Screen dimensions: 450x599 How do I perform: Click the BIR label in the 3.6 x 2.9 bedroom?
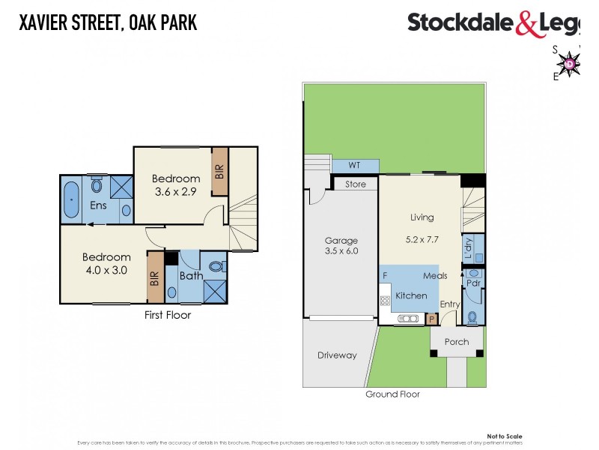click(x=219, y=171)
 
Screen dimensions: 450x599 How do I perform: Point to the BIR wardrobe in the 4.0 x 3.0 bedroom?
click(x=155, y=277)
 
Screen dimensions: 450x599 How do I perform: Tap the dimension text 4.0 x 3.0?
click(x=106, y=271)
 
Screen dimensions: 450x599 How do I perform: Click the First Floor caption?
click(x=168, y=315)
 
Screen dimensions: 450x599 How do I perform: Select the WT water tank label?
click(x=354, y=165)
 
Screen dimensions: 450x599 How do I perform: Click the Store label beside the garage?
click(x=356, y=184)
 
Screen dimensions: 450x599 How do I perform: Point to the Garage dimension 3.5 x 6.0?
click(x=341, y=251)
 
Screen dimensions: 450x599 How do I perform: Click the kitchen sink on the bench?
click(x=410, y=319)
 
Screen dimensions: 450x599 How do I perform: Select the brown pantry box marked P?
click(x=431, y=319)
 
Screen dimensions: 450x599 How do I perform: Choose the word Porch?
click(x=457, y=342)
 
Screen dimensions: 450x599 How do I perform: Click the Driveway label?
click(x=337, y=355)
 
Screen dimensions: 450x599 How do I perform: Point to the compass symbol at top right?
click(x=571, y=63)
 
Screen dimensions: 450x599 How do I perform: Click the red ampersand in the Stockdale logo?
click(x=526, y=24)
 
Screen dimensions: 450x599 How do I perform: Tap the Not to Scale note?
click(x=505, y=436)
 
